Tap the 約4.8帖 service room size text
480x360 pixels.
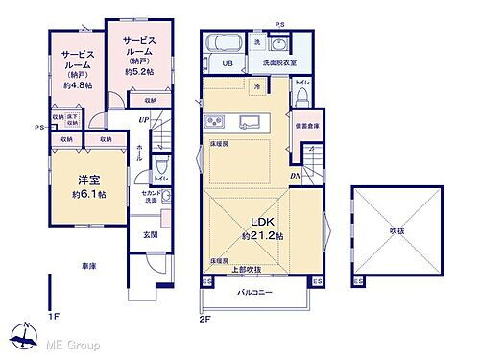pyautogui.click(x=78, y=85)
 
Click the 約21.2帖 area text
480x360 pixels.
pyautogui.click(x=261, y=236)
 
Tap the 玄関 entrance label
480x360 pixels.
pyautogui.click(x=152, y=233)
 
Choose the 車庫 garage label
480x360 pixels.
pyautogui.click(x=88, y=266)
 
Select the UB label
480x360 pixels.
pyautogui.click(x=228, y=64)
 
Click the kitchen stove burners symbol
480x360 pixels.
pyautogui.click(x=212, y=122)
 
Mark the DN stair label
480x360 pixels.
pyautogui.click(x=297, y=176)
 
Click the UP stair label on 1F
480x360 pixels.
pyautogui.click(x=143, y=120)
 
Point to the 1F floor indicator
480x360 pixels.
pyautogui.click(x=55, y=314)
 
